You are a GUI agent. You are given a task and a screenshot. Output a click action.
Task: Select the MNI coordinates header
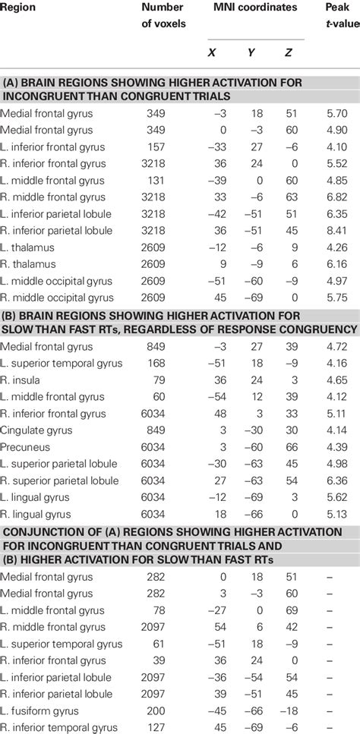(256, 7)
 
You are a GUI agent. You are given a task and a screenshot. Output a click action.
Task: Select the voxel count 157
(175, 146)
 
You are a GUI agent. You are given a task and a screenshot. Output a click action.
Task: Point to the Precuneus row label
(27, 447)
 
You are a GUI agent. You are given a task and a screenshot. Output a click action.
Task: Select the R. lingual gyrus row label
(38, 514)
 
